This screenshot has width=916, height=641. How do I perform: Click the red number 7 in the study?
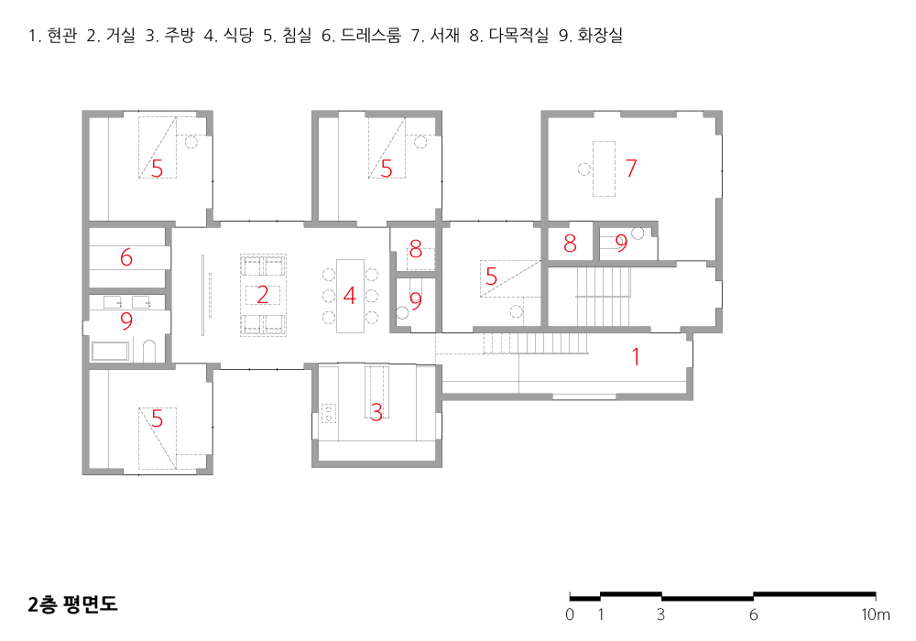(631, 168)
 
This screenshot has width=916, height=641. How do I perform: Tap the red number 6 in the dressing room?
(126, 257)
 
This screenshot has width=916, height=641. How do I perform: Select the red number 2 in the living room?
(263, 295)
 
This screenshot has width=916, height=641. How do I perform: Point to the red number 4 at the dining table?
(349, 296)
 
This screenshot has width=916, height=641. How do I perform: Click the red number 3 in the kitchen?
(376, 413)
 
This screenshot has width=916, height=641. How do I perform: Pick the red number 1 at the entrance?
(637, 356)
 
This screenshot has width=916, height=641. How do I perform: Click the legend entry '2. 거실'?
(111, 35)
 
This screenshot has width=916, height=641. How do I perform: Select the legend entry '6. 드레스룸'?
(361, 35)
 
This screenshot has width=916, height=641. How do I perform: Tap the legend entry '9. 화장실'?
(591, 35)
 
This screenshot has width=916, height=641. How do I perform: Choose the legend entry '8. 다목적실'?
(508, 35)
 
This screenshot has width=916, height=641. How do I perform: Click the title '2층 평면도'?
(72, 604)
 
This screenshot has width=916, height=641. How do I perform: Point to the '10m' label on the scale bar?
(875, 614)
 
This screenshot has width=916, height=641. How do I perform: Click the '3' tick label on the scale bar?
(660, 614)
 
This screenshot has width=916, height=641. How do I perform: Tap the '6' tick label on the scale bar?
(754, 614)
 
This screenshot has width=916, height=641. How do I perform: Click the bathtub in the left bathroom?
(110, 351)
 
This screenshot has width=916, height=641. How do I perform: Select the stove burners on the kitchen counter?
(329, 413)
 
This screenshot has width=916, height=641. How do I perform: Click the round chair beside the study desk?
(583, 169)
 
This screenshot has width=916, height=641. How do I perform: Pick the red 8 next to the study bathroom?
(570, 243)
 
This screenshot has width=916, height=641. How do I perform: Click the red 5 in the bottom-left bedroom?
(158, 418)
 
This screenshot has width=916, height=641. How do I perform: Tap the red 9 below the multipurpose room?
(415, 300)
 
